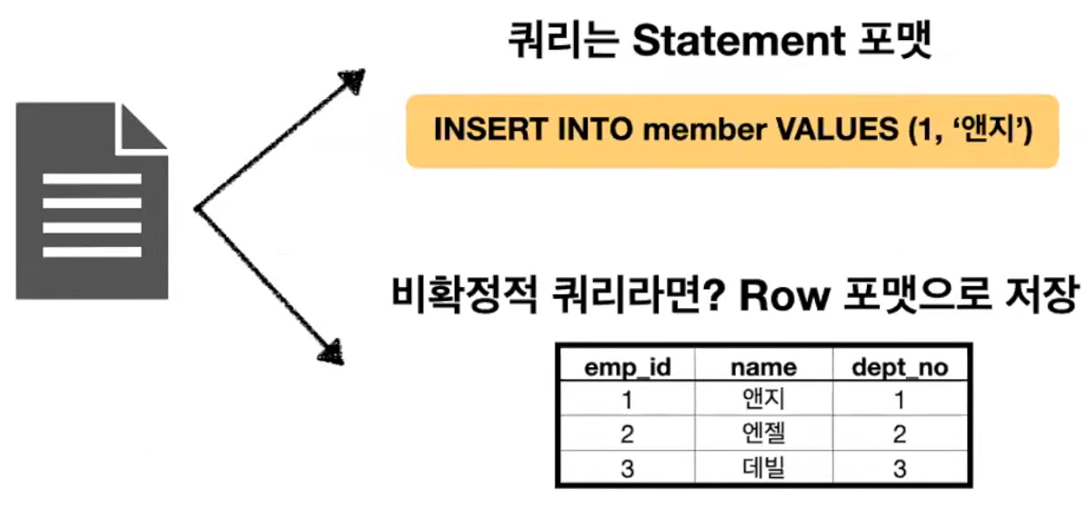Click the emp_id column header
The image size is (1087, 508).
tap(626, 367)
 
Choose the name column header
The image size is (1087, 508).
tap(763, 367)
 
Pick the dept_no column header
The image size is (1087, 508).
tap(899, 367)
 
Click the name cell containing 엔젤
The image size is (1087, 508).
tap(763, 433)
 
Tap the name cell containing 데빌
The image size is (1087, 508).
tap(763, 468)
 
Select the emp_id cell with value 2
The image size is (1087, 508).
tap(626, 433)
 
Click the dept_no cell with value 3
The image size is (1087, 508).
tap(899, 468)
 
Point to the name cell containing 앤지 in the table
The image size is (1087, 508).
tap(763, 399)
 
